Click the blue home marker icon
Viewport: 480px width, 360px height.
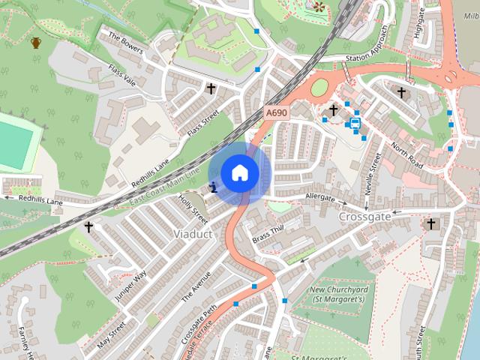tap(240, 172)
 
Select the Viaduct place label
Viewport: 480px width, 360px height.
tap(193, 234)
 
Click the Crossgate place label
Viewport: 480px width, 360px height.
tap(364, 216)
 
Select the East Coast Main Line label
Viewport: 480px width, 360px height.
tap(164, 187)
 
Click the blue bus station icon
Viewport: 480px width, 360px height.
tap(355, 123)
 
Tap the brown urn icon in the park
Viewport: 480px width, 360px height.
tap(36, 42)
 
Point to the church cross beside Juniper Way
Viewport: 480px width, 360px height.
tap(89, 226)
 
